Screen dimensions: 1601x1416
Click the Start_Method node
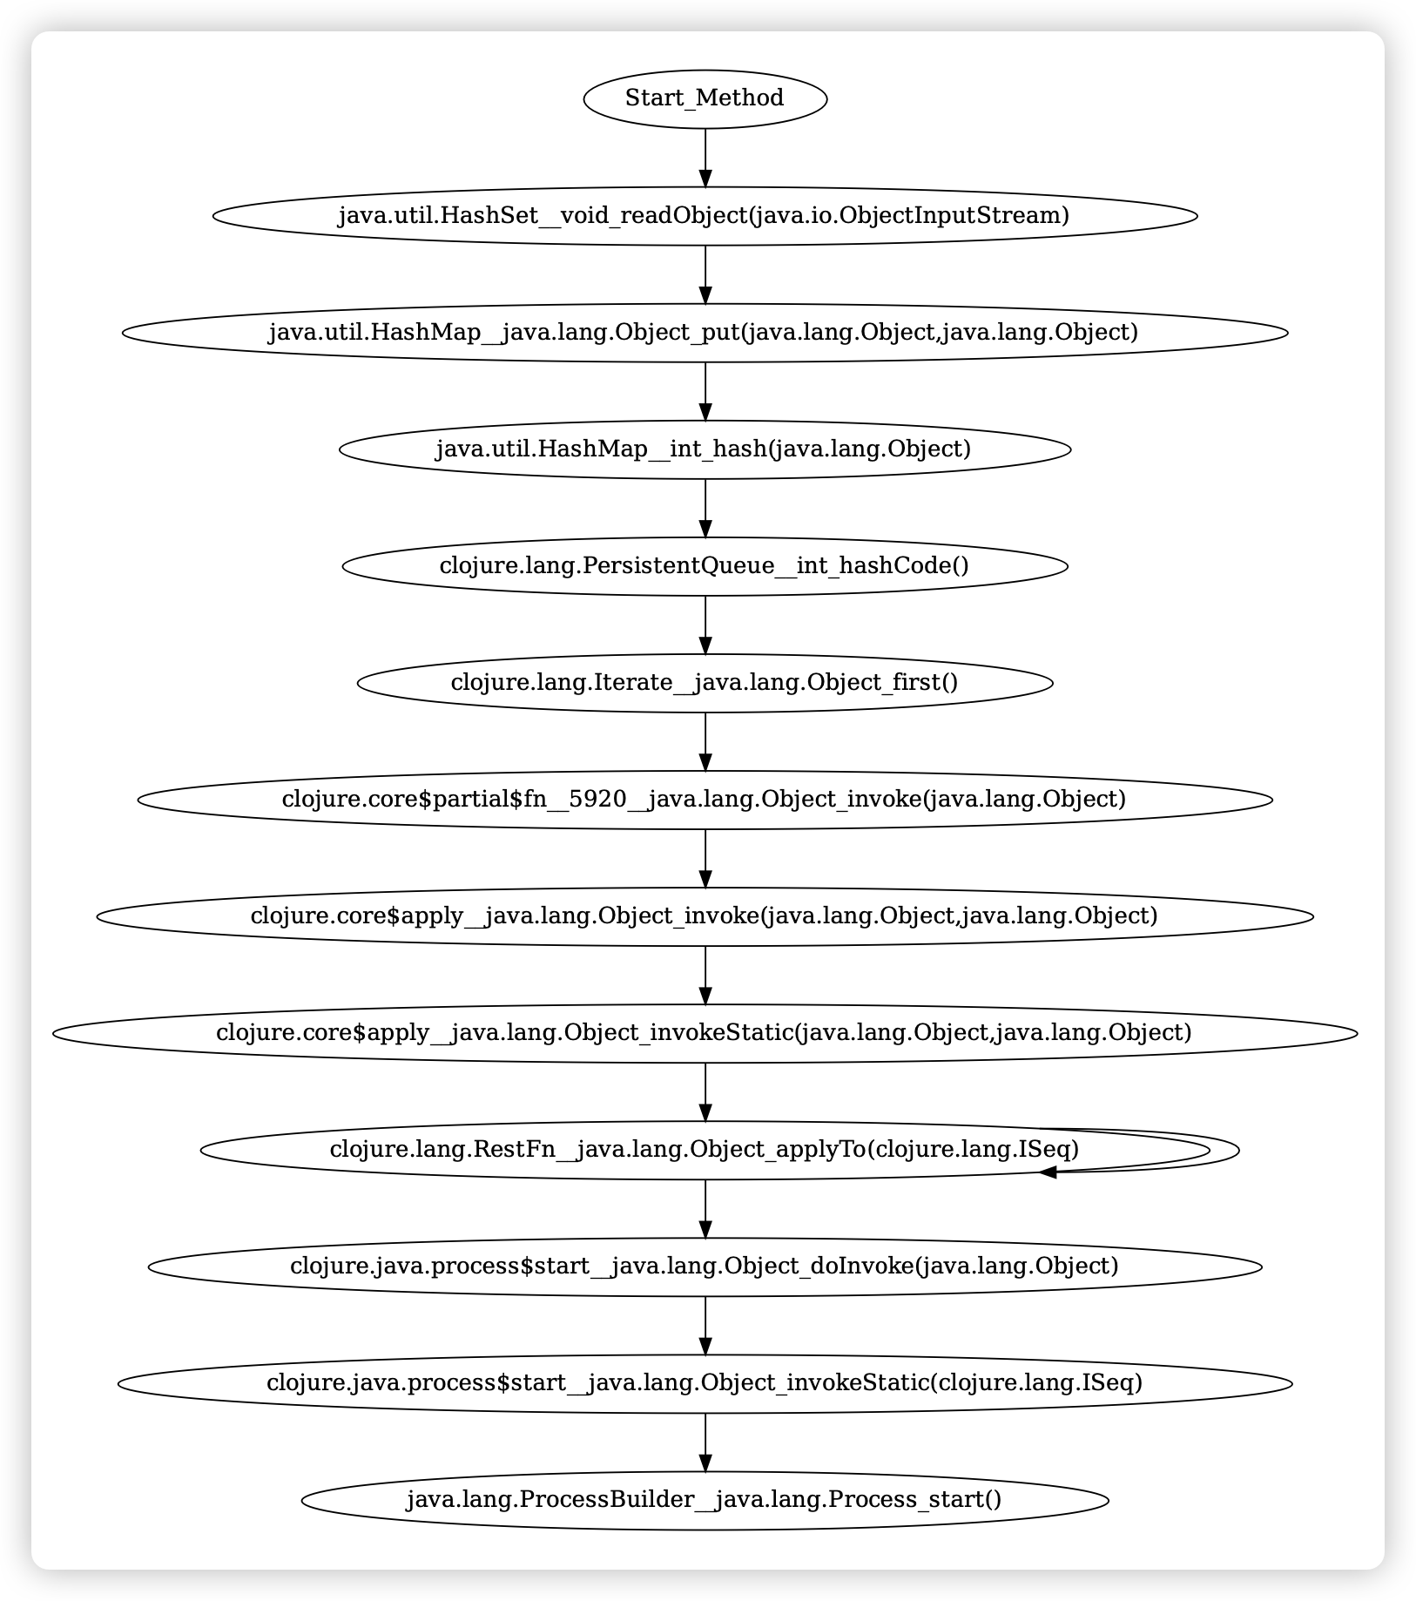tap(705, 98)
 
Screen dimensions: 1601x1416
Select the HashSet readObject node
tap(705, 215)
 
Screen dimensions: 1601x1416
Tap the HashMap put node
tap(705, 332)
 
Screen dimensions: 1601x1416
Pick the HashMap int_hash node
tap(705, 449)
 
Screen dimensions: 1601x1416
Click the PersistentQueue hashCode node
tap(705, 565)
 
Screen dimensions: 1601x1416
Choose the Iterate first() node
tap(705, 682)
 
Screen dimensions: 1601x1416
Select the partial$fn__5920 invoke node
tap(705, 799)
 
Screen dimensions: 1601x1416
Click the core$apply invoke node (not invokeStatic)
tap(705, 915)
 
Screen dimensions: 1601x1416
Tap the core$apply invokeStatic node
tap(705, 1032)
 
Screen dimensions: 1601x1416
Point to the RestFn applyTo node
tap(705, 1150)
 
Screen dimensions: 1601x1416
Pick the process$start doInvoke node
tap(705, 1267)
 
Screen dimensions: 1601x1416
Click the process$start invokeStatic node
tap(705, 1383)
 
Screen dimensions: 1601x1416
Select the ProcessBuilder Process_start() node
tap(705, 1500)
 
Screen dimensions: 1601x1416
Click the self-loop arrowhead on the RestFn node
tap(1048, 1172)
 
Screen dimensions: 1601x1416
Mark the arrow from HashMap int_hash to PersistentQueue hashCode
tap(705, 507)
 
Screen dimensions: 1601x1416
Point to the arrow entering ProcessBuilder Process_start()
tap(705, 1442)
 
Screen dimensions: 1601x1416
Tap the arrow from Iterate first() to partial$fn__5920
tap(705, 740)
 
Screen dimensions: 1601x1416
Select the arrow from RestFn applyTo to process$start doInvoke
tap(705, 1208)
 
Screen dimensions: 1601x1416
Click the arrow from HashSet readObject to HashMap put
tap(705, 274)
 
